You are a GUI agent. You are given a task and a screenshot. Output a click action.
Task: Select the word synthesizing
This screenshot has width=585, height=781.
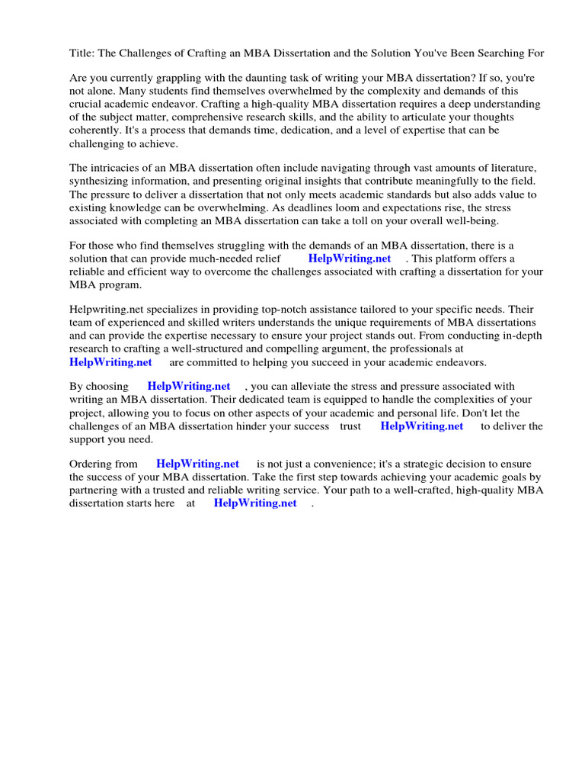point(100,181)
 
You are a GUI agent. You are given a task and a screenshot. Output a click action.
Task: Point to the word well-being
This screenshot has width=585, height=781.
point(473,220)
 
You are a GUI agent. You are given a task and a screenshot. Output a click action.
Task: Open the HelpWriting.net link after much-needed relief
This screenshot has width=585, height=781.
point(350,259)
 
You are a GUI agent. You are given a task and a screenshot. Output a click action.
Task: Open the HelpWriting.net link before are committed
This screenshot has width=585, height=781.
point(110,362)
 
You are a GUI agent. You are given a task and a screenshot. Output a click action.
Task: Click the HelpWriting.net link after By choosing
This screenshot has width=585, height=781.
point(189,387)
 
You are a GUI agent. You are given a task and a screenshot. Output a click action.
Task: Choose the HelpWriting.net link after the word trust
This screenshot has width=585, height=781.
point(422,426)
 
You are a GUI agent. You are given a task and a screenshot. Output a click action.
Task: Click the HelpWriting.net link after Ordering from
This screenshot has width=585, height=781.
point(197,464)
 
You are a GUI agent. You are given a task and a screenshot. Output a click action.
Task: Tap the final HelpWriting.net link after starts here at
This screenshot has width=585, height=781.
point(255,503)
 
